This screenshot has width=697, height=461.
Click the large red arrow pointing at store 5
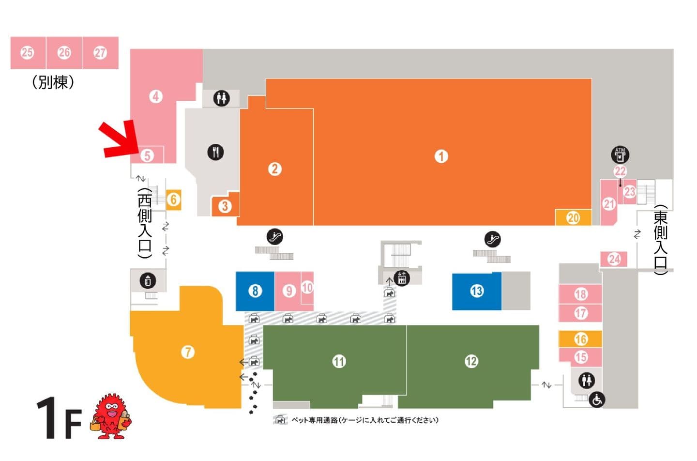point(120,139)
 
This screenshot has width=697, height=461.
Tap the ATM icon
point(620,154)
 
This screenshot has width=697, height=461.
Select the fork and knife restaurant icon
point(216,152)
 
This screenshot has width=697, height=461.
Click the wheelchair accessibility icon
point(597,400)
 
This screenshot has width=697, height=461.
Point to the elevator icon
point(402,278)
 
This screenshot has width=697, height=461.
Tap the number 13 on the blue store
point(477,291)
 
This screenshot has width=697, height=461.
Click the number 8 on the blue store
point(255,291)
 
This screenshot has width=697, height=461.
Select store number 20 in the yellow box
point(573,218)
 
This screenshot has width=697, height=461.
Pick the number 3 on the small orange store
point(225,206)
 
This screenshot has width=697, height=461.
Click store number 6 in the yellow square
point(174,200)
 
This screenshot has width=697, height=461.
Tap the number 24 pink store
point(614,259)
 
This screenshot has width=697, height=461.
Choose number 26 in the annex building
point(64,53)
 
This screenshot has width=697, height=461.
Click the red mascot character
point(111,416)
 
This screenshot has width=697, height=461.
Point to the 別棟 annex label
point(53,82)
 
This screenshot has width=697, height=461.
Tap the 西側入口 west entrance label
point(145,223)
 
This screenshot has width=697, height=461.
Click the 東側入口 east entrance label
point(660,240)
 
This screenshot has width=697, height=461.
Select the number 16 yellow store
point(581,339)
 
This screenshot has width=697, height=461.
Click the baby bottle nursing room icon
point(148,281)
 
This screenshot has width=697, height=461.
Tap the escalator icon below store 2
point(275,237)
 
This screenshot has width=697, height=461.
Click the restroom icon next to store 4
point(222,98)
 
